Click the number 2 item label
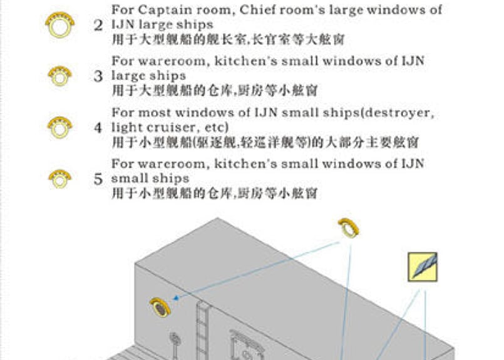tap(98, 26)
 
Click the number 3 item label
tap(98, 77)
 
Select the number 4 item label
tap(98, 128)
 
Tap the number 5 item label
tap(98, 179)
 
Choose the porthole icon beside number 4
tap(60, 127)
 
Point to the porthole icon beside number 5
tap(60, 178)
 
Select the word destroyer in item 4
tap(398, 113)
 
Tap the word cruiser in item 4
tap(164, 127)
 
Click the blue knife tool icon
tap(422, 267)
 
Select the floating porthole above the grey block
tap(349, 228)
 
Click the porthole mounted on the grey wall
tap(160, 307)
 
